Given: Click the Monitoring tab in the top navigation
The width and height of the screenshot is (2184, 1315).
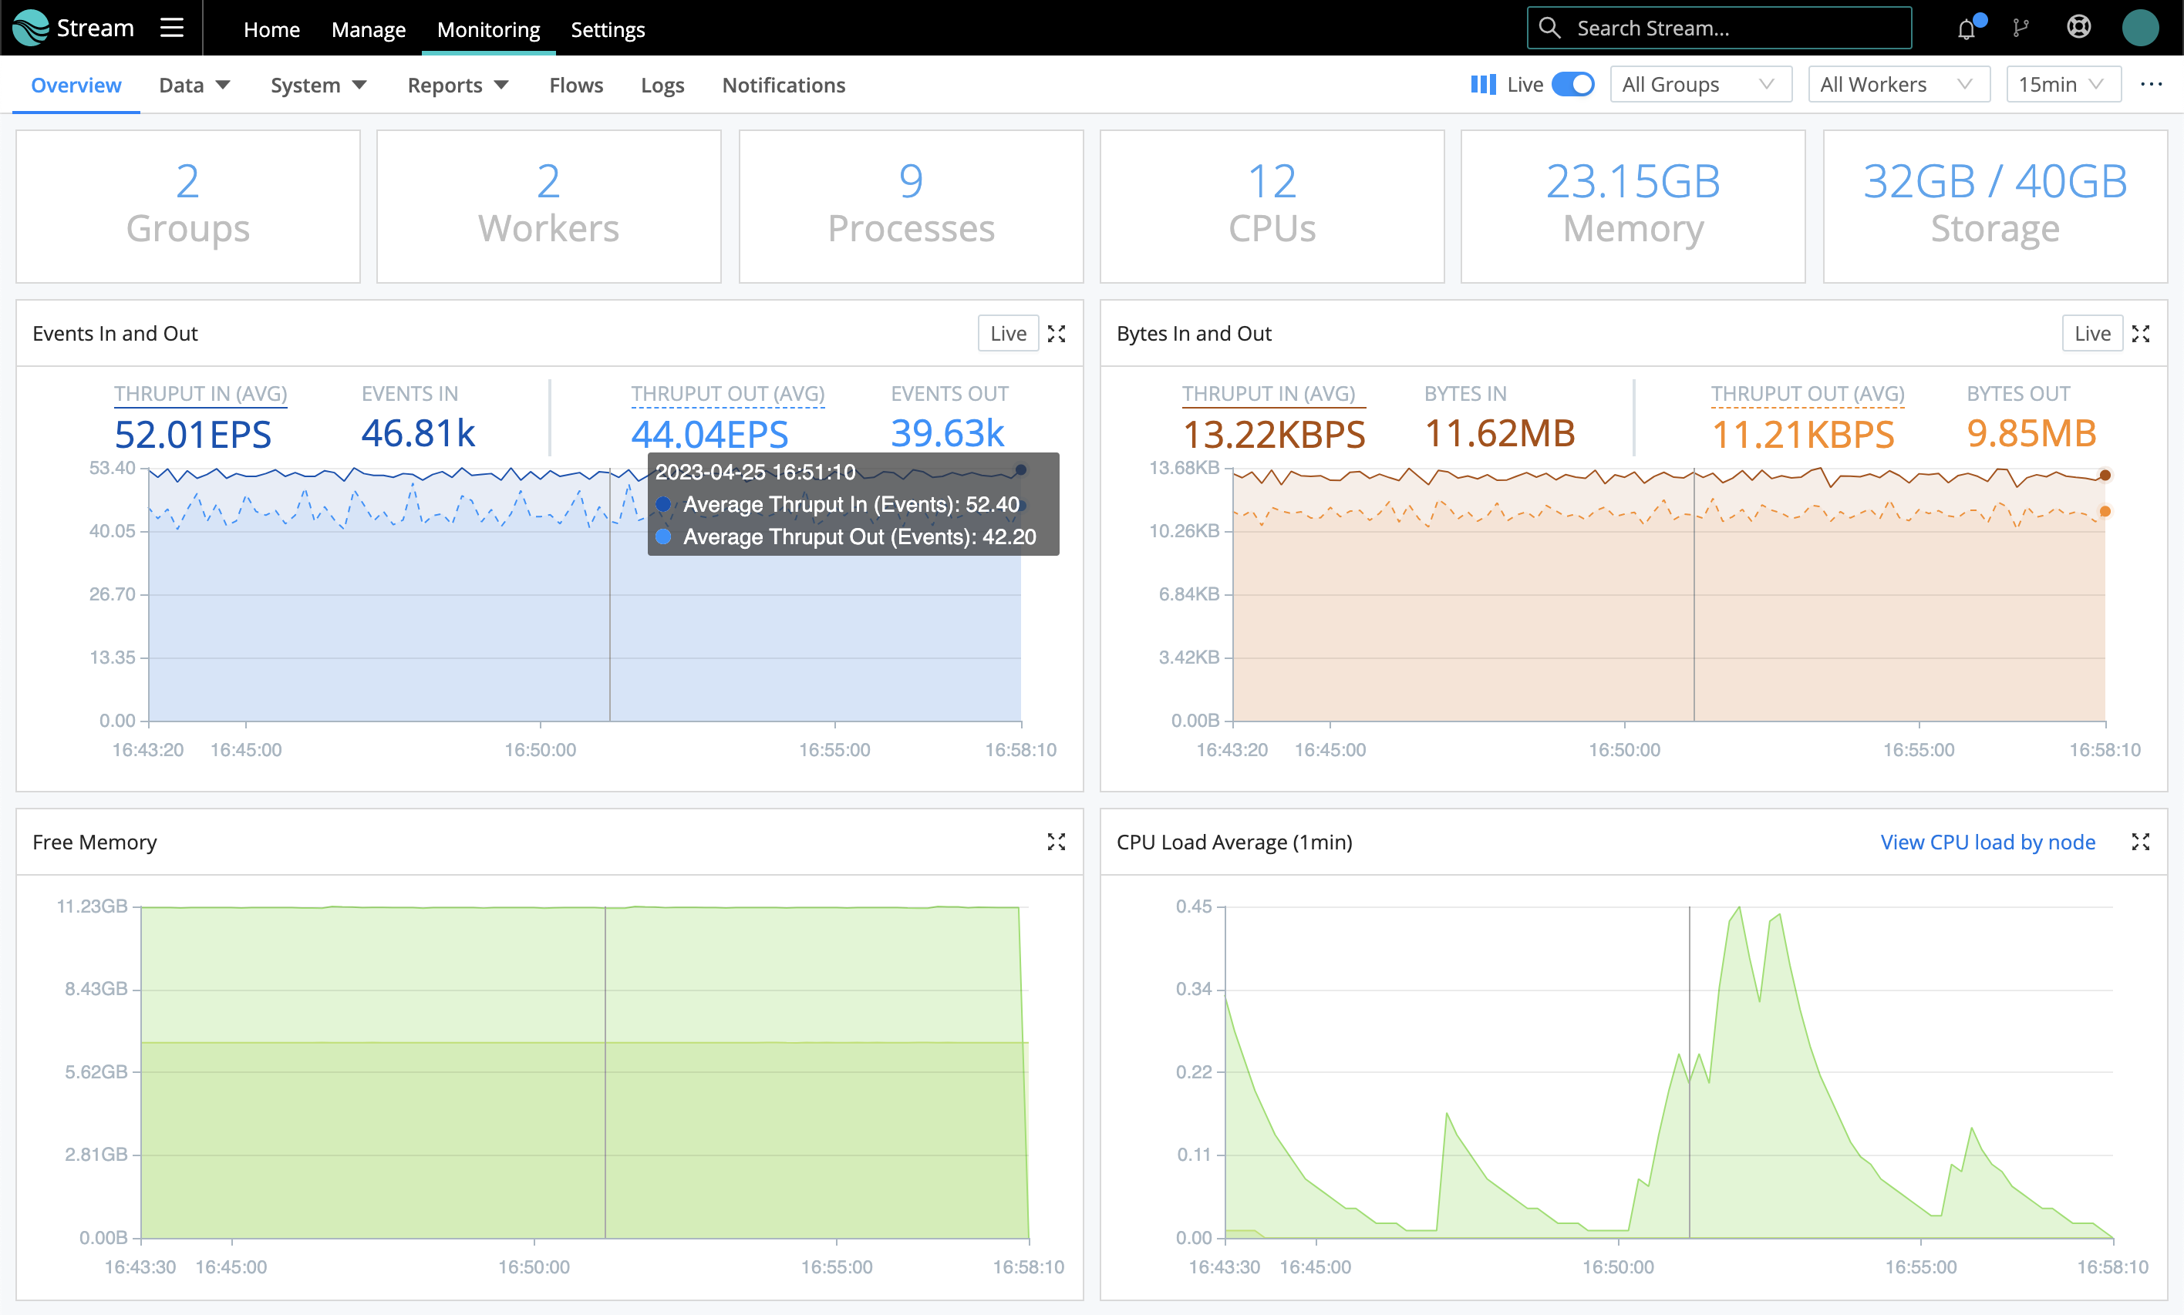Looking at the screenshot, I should pos(488,29).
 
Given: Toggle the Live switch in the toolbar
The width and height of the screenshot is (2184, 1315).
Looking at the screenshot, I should pos(1572,84).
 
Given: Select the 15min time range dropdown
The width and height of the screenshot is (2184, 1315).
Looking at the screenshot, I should pos(2061,84).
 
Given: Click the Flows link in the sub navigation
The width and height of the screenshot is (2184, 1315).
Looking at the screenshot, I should pos(575,85).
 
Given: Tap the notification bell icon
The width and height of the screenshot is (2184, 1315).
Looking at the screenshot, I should pos(1966,29).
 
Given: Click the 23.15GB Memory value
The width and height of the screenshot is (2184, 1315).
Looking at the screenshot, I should pos(1633,182).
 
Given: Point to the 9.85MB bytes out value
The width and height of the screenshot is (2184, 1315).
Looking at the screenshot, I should pos(2031,433).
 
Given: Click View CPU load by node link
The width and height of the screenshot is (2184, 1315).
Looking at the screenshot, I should pos(1987,842).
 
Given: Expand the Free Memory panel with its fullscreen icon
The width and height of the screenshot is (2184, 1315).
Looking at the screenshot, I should pos(1056,842).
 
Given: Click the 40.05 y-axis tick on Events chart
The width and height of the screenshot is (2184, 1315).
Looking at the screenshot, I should pos(113,531).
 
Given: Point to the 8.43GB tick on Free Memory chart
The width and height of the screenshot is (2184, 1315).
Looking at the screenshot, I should pos(96,989).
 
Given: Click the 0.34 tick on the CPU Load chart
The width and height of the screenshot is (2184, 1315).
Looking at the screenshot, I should pos(1193,989).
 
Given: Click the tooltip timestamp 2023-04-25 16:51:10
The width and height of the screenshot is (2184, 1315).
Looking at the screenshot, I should pos(755,473).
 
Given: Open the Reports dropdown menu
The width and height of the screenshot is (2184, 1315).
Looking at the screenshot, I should pos(457,85).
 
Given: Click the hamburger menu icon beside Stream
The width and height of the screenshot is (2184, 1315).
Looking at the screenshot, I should pos(172,29).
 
